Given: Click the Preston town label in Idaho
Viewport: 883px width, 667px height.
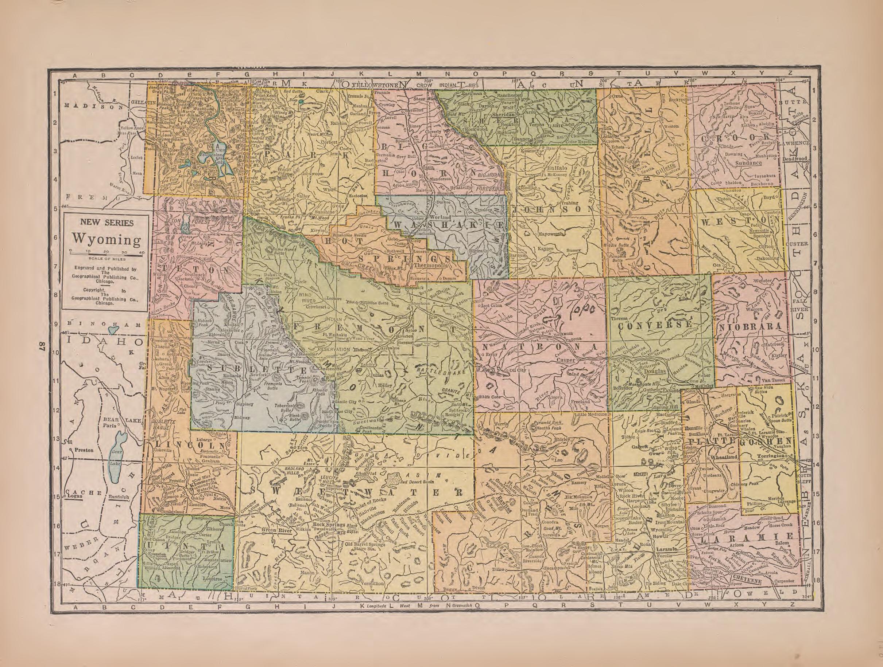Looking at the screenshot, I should click(84, 450).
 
